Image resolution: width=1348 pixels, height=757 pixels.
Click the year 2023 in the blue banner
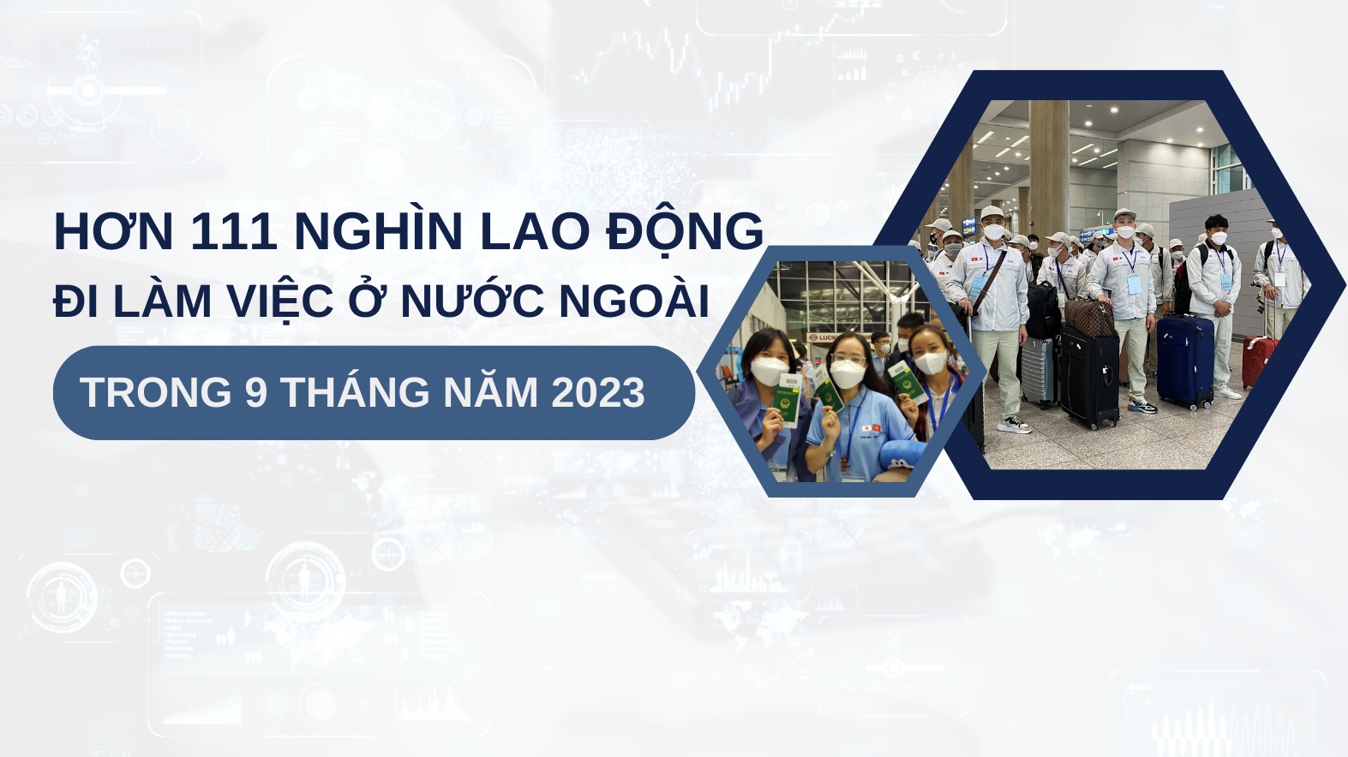pyautogui.click(x=597, y=393)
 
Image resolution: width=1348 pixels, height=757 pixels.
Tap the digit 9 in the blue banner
pyautogui.click(x=256, y=393)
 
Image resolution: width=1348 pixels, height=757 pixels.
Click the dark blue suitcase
pyautogui.click(x=1185, y=360)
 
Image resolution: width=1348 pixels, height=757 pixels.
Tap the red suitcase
pyautogui.click(x=1259, y=360)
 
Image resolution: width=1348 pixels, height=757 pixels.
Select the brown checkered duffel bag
pyautogui.click(x=1089, y=316)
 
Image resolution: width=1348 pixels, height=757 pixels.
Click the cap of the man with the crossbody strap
pyautogui.click(x=992, y=212)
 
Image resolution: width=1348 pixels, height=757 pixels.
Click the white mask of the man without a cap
pyautogui.click(x=1217, y=239)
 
